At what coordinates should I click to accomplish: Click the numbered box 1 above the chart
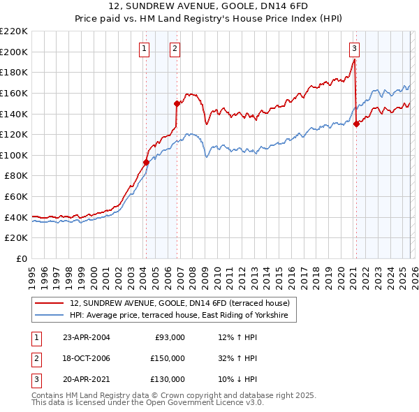click(143, 48)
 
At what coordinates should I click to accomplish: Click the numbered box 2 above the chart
click(174, 48)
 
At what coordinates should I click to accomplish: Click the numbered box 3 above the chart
click(354, 48)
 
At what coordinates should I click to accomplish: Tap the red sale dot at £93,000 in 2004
click(146, 162)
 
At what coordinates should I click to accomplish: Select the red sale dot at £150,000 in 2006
click(177, 103)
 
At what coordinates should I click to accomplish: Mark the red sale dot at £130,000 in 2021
click(356, 124)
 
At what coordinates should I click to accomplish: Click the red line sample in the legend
click(50, 303)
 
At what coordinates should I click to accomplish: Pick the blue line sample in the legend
click(50, 316)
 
